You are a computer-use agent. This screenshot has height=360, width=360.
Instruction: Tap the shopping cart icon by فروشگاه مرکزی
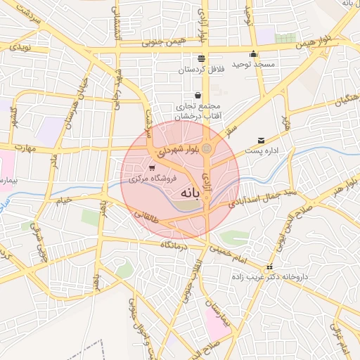point(152,167)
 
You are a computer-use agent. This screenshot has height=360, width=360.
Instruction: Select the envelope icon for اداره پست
point(261,141)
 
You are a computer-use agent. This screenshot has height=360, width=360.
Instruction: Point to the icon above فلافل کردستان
point(202,58)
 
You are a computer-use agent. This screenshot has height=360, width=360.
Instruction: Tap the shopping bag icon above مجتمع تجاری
point(198,96)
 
